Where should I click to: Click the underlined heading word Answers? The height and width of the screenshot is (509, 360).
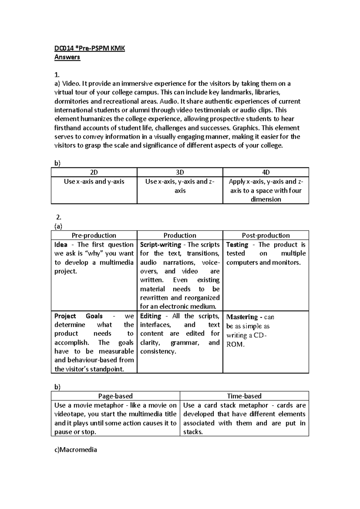[x=67, y=57]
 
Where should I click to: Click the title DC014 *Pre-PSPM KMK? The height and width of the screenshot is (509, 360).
[x=89, y=48]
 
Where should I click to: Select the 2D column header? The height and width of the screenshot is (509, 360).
[x=94, y=172]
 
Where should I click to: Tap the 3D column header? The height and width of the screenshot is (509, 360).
[x=180, y=172]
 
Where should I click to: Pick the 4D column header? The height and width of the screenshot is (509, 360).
[x=265, y=172]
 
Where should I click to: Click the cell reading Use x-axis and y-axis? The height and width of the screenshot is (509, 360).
[x=94, y=182]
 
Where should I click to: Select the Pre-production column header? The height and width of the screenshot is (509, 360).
[x=94, y=235]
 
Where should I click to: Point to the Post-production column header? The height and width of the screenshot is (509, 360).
[x=265, y=235]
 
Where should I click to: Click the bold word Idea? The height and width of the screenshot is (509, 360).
[x=61, y=245]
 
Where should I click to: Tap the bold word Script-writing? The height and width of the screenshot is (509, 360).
[x=160, y=245]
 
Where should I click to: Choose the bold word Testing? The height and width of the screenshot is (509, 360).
[x=237, y=245]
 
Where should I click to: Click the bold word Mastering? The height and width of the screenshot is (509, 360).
[x=242, y=317]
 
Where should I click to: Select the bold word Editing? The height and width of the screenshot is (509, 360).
[x=151, y=316]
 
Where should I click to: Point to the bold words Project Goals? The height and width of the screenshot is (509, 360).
[x=78, y=316]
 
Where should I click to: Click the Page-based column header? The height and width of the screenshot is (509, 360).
[x=115, y=396]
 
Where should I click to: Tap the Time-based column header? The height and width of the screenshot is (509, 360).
[x=244, y=396]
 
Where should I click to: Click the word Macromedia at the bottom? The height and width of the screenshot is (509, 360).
[x=78, y=450]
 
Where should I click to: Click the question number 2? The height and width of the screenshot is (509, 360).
[x=59, y=218]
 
